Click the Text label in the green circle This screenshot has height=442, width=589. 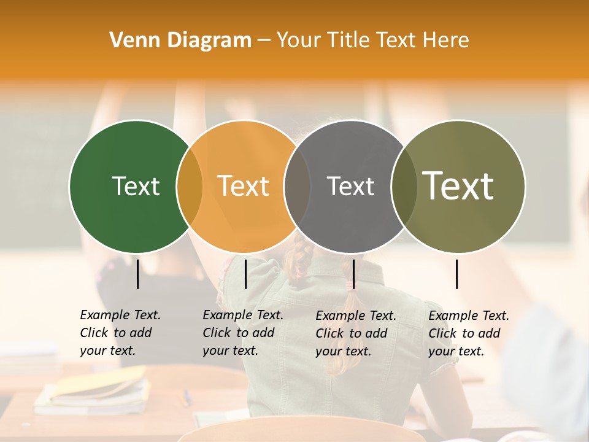click(136, 186)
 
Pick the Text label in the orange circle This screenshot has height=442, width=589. click(244, 186)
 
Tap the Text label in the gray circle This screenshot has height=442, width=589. click(350, 186)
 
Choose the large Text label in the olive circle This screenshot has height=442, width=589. click(458, 186)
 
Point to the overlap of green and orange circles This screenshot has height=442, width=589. click(190, 187)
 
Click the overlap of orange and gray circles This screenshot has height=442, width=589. click(297, 187)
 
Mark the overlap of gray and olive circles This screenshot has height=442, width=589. click(404, 187)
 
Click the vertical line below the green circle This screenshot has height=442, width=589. click(138, 274)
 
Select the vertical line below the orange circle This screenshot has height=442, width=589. click(245, 274)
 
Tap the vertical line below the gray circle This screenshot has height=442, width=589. click(353, 274)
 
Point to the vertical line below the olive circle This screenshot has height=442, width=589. click(457, 274)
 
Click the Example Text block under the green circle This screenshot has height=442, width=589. click(120, 333)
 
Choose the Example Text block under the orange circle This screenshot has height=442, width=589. click(242, 333)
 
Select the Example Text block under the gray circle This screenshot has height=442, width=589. click(355, 333)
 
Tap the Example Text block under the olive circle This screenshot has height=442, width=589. click(468, 333)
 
